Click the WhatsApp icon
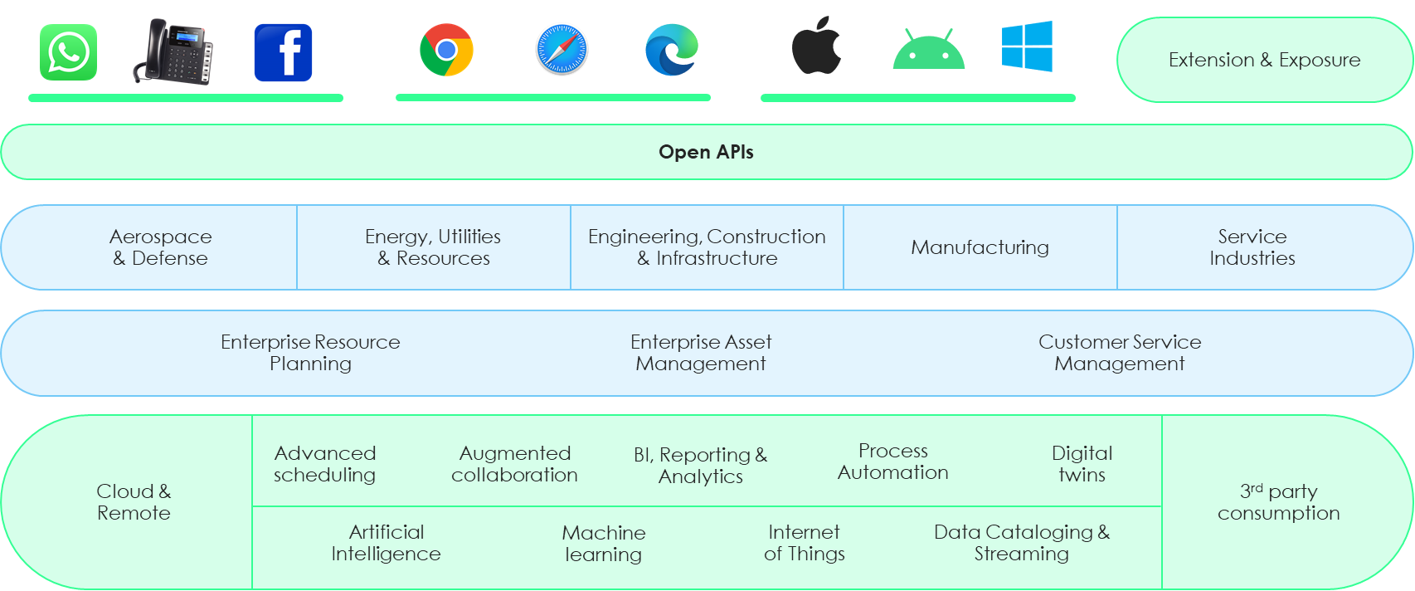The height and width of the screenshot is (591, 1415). coord(68,52)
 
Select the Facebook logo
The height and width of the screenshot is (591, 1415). coord(283,53)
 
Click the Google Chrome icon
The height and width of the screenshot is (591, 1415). coord(446,50)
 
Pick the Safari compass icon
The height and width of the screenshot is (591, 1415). coord(562,49)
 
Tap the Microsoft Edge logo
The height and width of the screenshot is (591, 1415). coord(672,50)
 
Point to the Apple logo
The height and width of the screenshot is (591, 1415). coord(816,46)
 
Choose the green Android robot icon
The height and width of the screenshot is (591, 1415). coord(929,50)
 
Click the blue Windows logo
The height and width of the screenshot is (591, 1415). coord(1027,46)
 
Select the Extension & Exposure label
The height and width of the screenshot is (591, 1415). coord(1264,60)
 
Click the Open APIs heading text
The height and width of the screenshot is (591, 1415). coord(706,152)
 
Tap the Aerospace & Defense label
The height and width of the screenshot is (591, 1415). coord(160,247)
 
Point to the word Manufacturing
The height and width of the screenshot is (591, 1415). coord(980,247)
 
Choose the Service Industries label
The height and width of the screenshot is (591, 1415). coord(1252,247)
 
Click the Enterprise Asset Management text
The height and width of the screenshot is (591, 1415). coord(701,353)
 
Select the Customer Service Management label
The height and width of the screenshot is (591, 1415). coord(1119,353)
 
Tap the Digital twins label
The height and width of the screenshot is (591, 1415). coord(1082,464)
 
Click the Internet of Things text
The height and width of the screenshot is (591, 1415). coord(804,543)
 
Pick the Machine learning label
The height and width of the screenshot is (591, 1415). coord(603,544)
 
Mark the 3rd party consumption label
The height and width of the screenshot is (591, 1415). coord(1278,502)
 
